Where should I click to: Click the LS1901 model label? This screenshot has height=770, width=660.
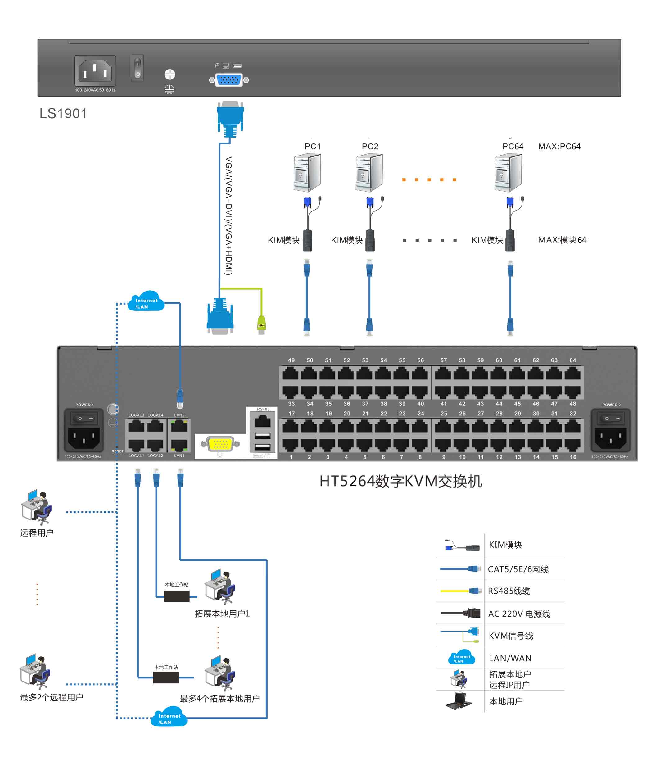63,113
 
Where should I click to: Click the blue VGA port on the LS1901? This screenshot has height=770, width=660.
228,80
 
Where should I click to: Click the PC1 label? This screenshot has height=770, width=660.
313,147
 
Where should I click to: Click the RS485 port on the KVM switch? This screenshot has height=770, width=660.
263,421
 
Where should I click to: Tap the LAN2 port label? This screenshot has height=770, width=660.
179,415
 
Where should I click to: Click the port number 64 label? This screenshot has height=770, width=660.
573,360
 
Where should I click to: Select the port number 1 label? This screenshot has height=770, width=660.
291,457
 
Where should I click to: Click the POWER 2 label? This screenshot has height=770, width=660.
611,405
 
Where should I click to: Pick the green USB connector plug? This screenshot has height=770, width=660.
262,325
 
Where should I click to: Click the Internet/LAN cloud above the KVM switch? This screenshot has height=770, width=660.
146,302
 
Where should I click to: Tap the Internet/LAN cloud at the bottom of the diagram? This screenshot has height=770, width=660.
169,717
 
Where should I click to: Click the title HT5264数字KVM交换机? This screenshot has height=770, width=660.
400,481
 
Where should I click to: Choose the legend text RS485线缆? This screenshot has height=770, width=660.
509,591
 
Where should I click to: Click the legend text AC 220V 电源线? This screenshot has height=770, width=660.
519,614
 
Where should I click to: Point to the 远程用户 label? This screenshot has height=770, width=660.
37,532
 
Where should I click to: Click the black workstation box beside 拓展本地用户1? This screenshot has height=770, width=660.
177,596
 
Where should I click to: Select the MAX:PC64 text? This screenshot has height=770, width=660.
559,147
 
